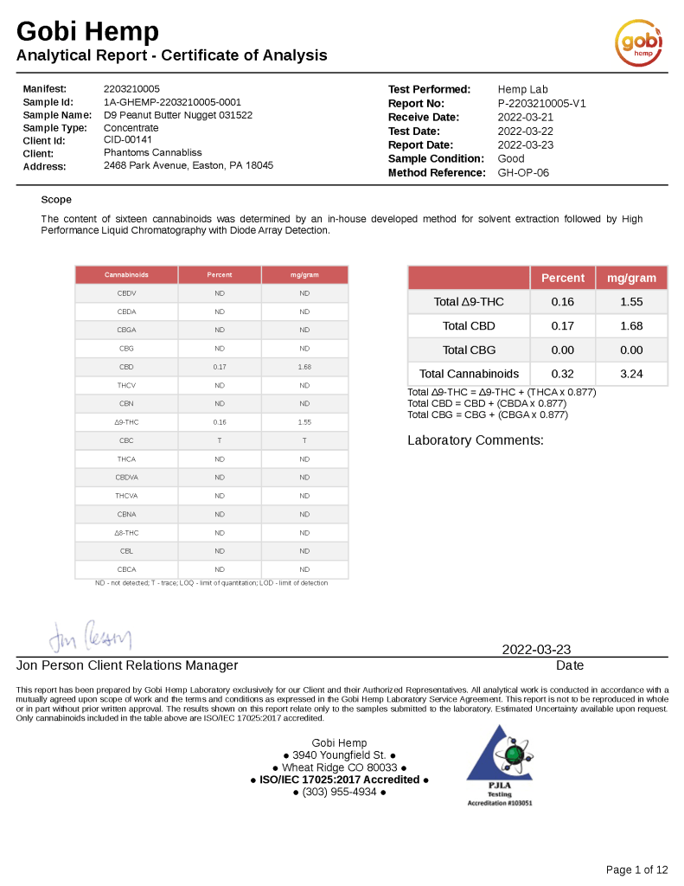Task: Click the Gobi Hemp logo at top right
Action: pos(639,43)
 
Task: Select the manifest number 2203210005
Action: pos(131,89)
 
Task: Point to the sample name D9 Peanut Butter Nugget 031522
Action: pos(178,115)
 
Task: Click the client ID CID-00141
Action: pos(128,140)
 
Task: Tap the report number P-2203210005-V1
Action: pos(542,103)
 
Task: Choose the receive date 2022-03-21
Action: pos(526,117)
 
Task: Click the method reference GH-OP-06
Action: pos(523,172)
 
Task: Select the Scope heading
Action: pos(56,200)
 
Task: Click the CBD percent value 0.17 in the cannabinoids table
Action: pos(220,367)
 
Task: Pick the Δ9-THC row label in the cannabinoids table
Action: pos(126,422)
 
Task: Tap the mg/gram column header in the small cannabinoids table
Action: pos(304,274)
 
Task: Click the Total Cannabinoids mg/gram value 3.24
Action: pos(631,374)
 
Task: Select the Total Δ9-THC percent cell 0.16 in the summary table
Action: pos(562,302)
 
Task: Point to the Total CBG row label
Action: pos(468,350)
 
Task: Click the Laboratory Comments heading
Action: pos(476,440)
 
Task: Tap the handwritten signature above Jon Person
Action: pos(90,639)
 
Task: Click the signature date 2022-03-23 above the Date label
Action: pos(536,650)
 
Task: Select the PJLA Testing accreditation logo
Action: pos(500,767)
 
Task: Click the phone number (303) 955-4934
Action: pos(339,792)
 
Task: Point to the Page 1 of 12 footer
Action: pos(637,870)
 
